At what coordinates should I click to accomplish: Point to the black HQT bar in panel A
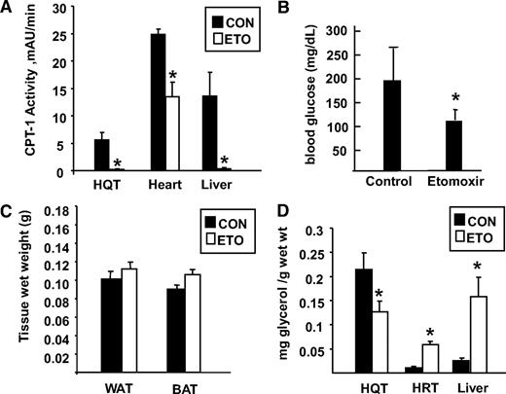[x=101, y=155]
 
